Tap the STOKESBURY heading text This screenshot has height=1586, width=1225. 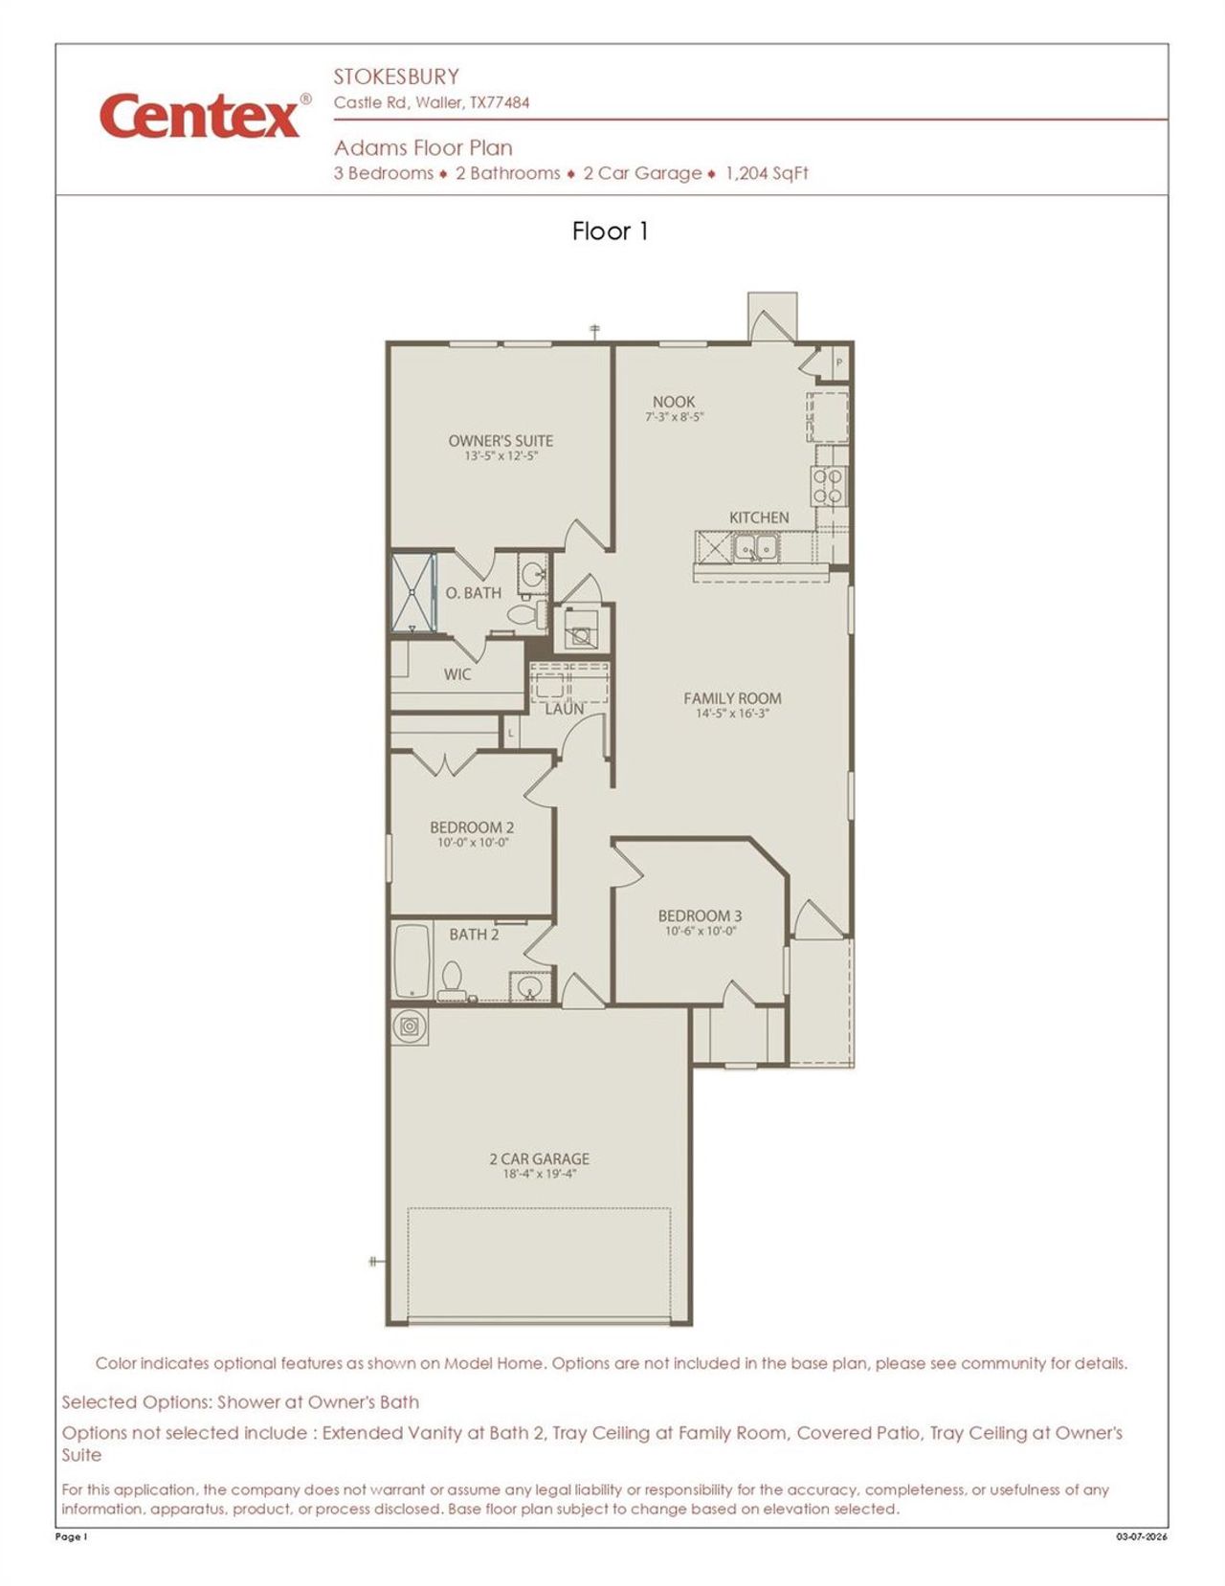396,77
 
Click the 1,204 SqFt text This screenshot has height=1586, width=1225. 767,173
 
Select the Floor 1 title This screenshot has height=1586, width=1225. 611,231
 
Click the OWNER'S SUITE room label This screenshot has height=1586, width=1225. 501,441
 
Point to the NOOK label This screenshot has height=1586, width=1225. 674,402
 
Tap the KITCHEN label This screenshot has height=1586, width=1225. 759,518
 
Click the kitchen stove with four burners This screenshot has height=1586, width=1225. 829,485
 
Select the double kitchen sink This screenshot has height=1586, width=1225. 755,548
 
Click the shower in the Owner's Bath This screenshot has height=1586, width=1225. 412,592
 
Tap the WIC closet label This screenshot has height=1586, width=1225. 457,674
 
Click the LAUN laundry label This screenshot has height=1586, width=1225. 565,710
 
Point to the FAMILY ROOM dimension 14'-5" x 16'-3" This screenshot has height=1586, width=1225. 732,714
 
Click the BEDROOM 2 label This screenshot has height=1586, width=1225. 472,827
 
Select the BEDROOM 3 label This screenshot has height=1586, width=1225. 700,915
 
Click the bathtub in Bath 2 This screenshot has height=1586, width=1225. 412,961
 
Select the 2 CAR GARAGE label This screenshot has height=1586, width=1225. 539,1158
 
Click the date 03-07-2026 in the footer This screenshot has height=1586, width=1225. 1141,1537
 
